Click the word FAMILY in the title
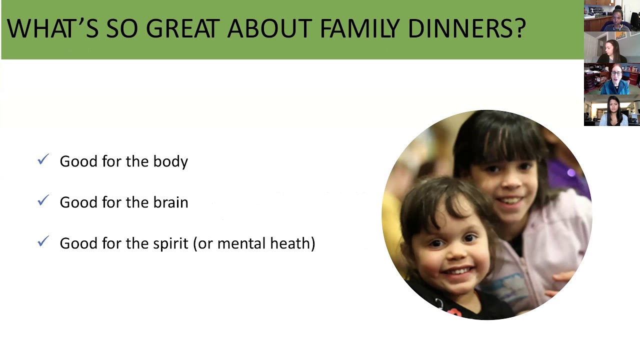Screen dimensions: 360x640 tap(360, 29)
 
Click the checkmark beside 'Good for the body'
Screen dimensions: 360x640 tap(43, 160)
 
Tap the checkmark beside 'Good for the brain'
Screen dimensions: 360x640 tap(43, 201)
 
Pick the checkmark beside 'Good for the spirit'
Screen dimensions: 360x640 tap(43, 242)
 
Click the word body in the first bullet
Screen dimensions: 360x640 tap(170, 161)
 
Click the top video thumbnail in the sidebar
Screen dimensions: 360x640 tap(611, 16)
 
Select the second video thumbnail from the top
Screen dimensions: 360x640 tap(611, 47)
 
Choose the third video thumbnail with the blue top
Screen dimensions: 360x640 tap(611, 79)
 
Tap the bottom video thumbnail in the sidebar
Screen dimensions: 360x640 tap(611, 110)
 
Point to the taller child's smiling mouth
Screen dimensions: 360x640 tap(510, 200)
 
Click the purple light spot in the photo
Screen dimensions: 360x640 tap(571, 173)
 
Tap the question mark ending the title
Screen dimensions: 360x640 tap(520, 29)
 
